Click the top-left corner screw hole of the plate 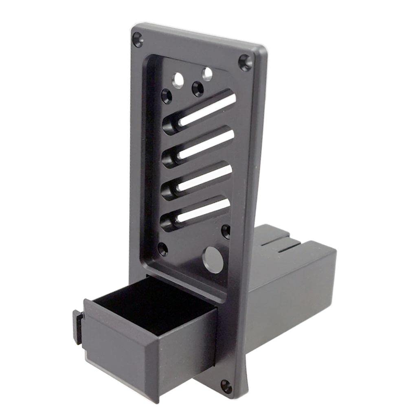tap(138, 40)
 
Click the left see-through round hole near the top tap(178, 80)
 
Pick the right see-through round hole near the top tap(207, 74)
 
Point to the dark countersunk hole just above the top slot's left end tap(167, 96)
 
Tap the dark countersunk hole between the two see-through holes tap(198, 88)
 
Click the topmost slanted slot tap(204, 111)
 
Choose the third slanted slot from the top tap(200, 179)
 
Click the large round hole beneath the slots tap(213, 259)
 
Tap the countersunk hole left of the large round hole tap(163, 249)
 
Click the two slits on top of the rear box tap(281, 244)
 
